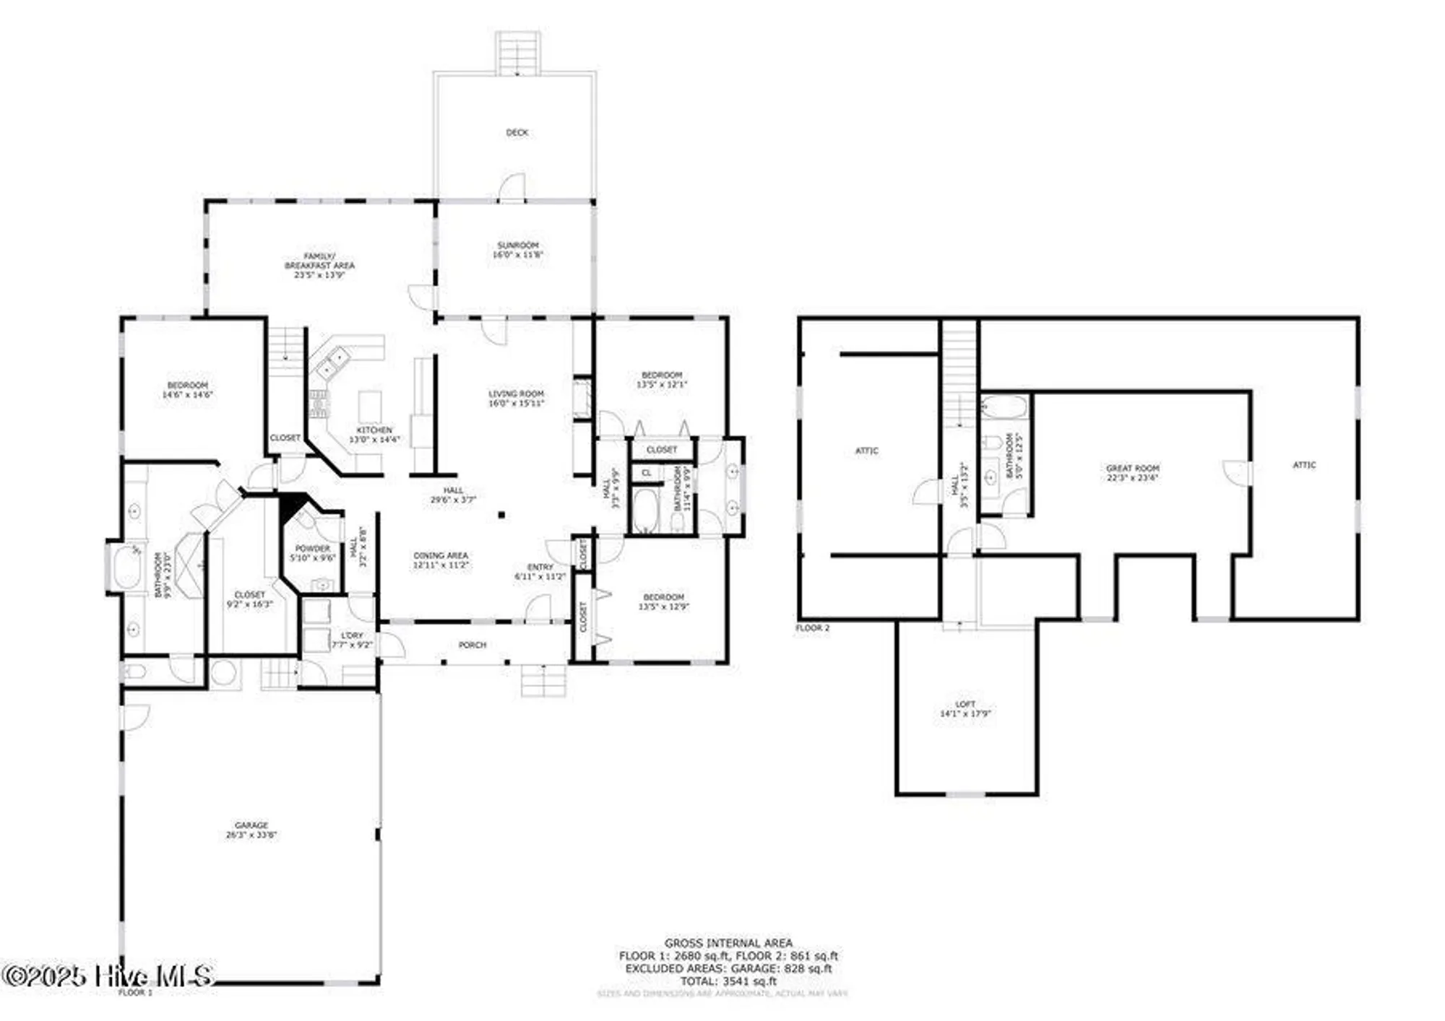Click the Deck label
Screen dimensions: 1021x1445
[517, 132]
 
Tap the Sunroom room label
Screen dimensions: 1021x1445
[517, 250]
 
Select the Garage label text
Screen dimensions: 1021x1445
[251, 830]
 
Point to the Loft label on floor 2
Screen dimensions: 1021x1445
[965, 708]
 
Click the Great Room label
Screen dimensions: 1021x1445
[1132, 472]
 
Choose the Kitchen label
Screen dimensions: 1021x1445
[374, 434]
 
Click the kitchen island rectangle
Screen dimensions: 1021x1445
[370, 407]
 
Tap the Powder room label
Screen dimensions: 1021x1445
[312, 552]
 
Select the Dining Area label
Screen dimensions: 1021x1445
[441, 560]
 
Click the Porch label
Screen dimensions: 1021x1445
[473, 645]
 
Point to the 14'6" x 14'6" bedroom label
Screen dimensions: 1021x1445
[187, 390]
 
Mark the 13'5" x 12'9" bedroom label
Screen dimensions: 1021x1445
[663, 601]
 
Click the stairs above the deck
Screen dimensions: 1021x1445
[518, 53]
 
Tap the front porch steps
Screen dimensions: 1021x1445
[543, 680]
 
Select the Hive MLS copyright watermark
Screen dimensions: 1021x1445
[107, 976]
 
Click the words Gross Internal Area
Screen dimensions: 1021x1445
[728, 942]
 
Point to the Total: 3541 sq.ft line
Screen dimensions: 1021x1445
[728, 981]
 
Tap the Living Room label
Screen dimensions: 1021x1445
[516, 398]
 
